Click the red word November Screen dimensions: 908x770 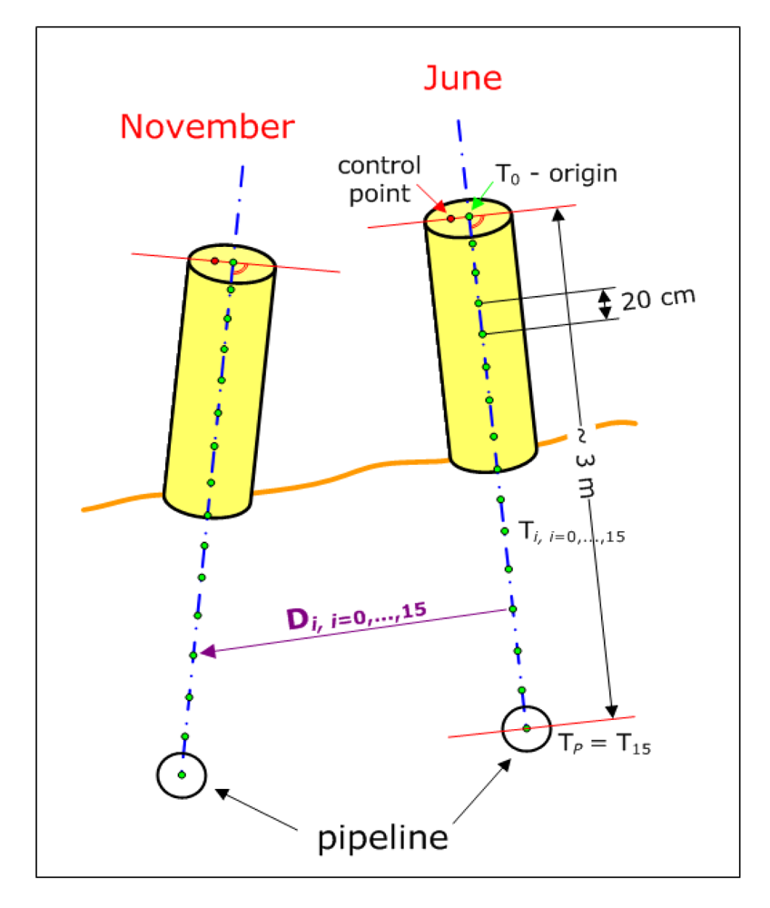pyautogui.click(x=207, y=126)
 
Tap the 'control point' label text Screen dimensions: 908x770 pyautogui.click(x=379, y=177)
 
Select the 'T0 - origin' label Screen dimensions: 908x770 pyautogui.click(x=556, y=173)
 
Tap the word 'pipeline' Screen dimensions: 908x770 pyautogui.click(x=382, y=836)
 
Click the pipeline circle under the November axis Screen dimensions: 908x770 pyautogui.click(x=182, y=775)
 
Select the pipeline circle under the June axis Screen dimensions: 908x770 pyautogui.click(x=527, y=727)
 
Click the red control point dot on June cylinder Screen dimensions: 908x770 pyautogui.click(x=450, y=219)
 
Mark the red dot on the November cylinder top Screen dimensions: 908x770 pyautogui.click(x=214, y=261)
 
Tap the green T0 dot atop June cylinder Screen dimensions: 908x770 pyautogui.click(x=469, y=216)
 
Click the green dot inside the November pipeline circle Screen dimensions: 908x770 pyautogui.click(x=182, y=775)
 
